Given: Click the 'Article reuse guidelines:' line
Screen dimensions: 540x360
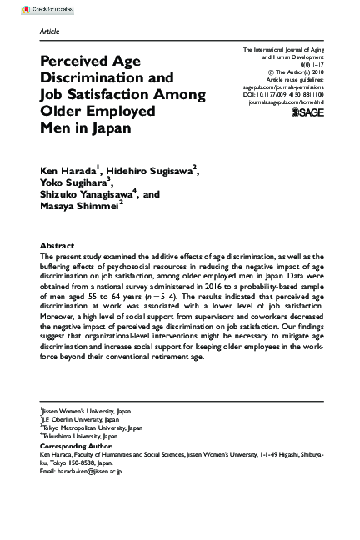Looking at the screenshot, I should pyautogui.click(x=297, y=77).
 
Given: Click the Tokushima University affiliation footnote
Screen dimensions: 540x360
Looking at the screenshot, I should pyautogui.click(x=80, y=436).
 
